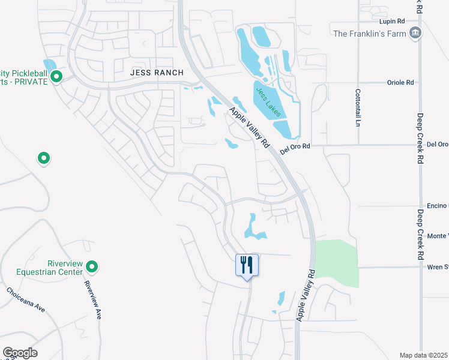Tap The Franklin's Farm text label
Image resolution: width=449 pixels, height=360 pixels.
pos(369,34)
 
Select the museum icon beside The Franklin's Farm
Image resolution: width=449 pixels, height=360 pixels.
pos(414,33)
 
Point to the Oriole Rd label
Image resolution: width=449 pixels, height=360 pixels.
pos(402,82)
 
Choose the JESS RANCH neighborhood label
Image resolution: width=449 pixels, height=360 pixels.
pos(156,71)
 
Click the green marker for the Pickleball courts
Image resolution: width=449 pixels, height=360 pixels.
pos(56,76)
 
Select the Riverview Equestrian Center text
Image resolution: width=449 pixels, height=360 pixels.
pos(65,268)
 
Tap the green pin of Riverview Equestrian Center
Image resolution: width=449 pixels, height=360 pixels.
pos(92,266)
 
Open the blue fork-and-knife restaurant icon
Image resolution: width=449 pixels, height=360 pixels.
pos(247,265)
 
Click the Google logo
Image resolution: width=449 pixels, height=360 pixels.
pos(20,353)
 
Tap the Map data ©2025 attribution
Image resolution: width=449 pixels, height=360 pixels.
pos(424,355)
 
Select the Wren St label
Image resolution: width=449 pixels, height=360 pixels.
pos(438,266)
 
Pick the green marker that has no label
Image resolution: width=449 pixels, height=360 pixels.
pos(44,158)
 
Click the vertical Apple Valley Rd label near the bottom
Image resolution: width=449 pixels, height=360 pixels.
pos(305,295)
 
